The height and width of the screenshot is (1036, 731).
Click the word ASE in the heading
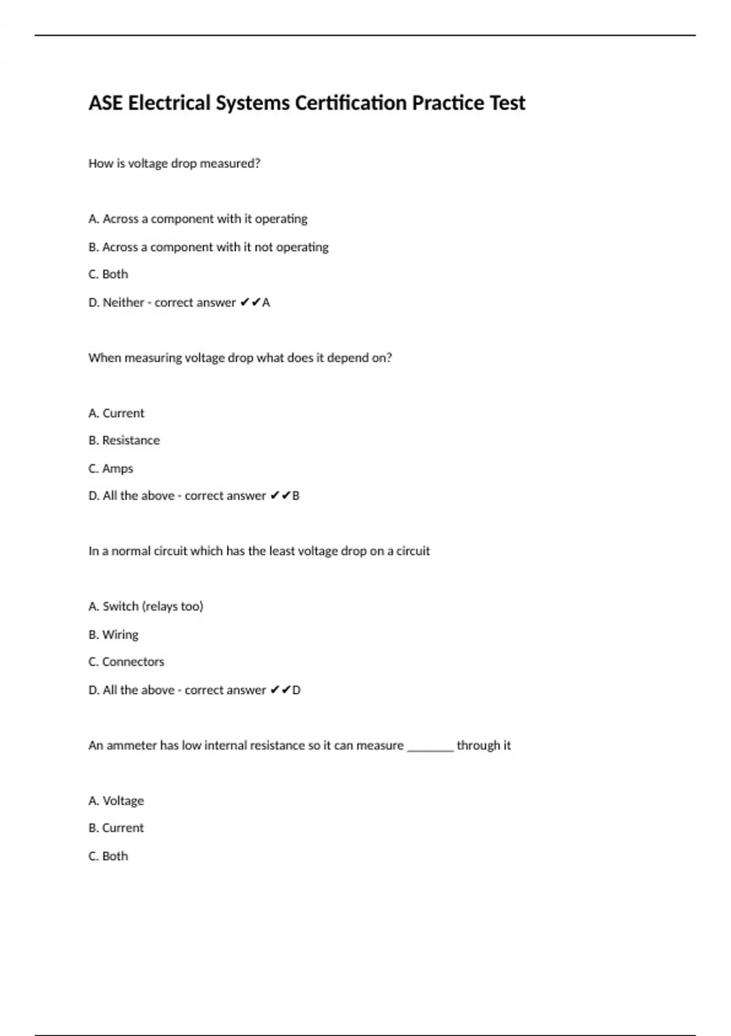105,103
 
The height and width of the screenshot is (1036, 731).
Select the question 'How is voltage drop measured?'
174,163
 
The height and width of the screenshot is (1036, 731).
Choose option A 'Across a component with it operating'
198,219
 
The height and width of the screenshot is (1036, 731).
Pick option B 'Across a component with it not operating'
208,247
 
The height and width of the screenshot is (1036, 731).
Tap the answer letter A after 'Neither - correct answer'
266,302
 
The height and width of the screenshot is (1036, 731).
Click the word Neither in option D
123,302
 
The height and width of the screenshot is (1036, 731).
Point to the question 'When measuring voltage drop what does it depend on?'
240,358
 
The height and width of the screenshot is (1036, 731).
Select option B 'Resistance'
124,440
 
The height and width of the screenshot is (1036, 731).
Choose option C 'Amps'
111,468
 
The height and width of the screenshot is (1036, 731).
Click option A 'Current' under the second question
116,413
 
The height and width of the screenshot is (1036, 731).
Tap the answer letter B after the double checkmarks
296,495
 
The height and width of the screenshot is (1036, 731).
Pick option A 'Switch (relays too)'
146,606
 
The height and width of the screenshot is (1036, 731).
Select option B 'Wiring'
113,634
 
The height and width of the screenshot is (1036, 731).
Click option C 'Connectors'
126,662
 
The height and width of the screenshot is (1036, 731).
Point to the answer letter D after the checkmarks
297,690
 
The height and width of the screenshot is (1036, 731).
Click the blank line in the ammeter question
430,747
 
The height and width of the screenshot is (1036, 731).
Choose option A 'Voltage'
116,801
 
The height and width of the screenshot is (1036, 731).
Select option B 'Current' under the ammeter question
116,828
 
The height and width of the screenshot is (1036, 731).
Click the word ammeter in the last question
132,745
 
